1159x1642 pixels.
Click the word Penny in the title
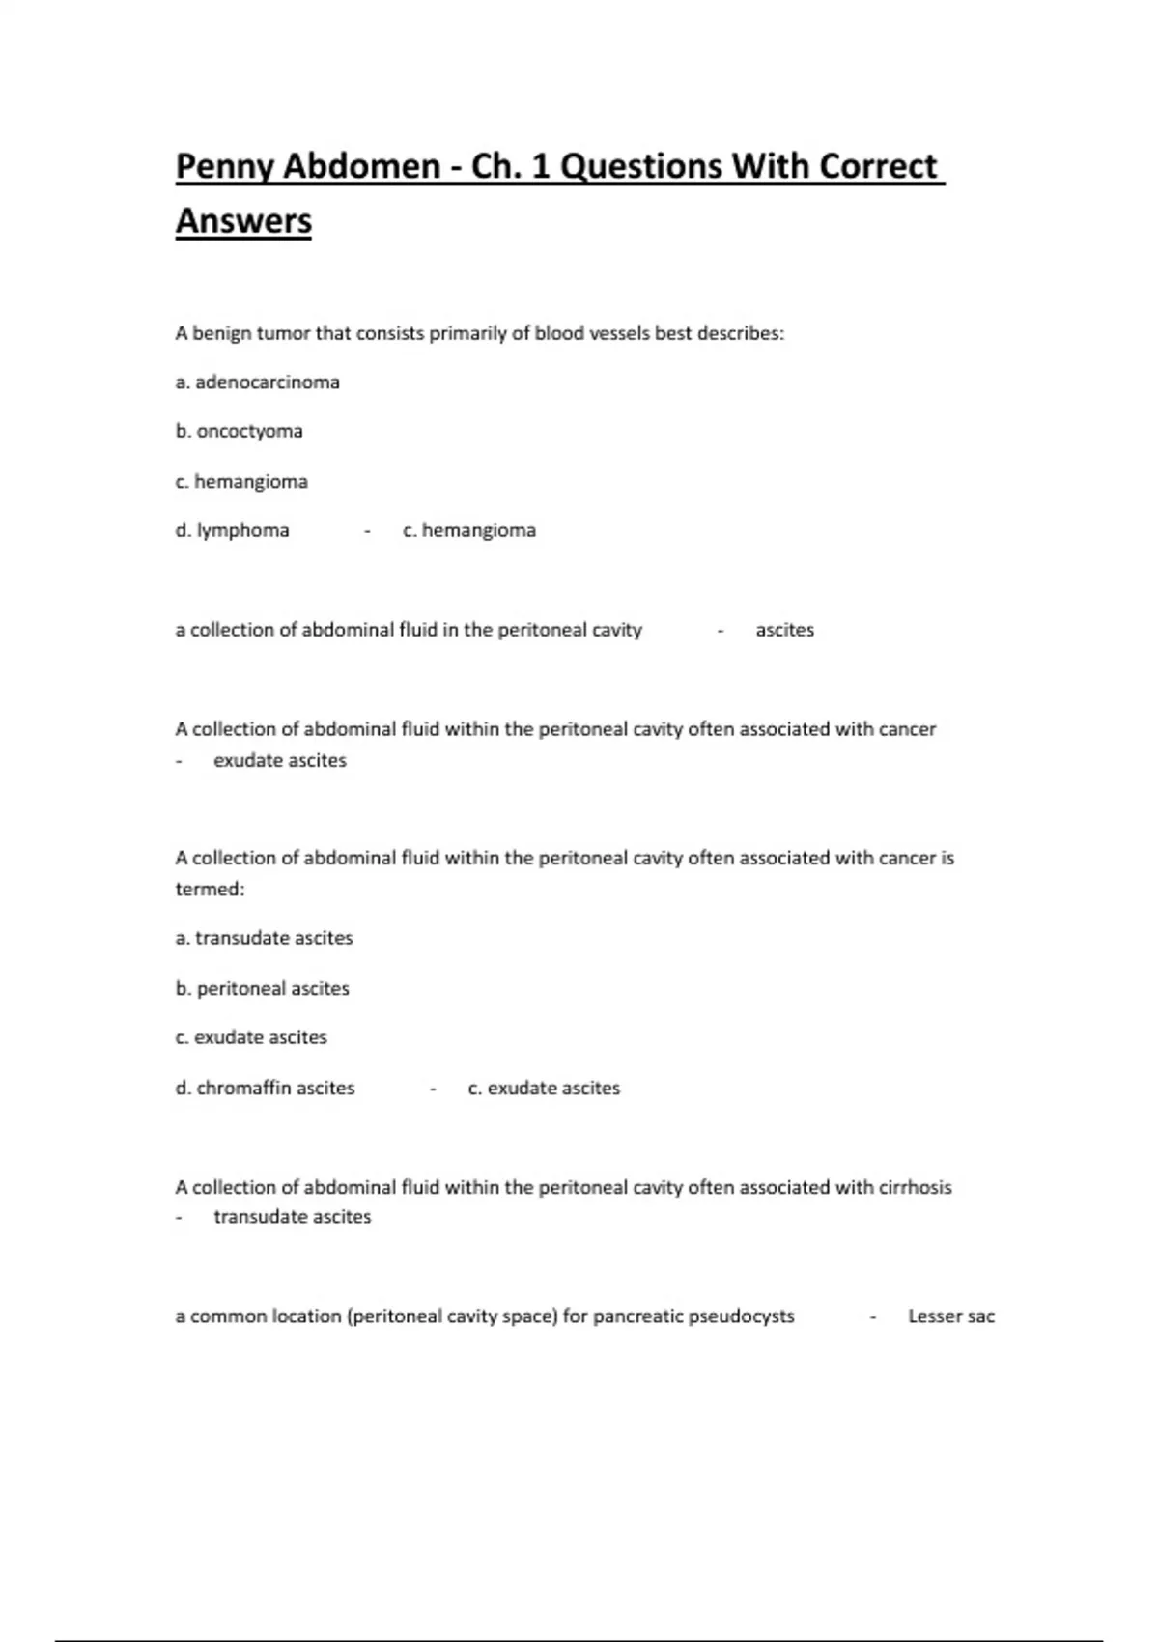tap(224, 167)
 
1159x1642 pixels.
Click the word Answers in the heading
tap(243, 221)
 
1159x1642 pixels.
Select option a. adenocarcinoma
tap(257, 382)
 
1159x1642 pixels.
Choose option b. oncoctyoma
tap(239, 431)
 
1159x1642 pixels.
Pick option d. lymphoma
tap(232, 530)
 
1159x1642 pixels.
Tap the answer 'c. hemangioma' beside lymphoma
tap(469, 530)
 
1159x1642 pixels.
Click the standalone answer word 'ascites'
tap(784, 630)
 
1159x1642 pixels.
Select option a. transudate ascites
tap(264, 938)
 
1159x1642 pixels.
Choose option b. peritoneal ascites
tap(262, 988)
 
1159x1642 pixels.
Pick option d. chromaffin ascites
tap(265, 1088)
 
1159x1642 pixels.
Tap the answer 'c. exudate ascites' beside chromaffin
tap(544, 1088)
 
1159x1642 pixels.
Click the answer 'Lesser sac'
tap(950, 1316)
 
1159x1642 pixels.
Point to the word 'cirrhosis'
tap(915, 1187)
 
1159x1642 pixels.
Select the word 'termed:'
tap(210, 889)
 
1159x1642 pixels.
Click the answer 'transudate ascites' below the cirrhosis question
tap(292, 1217)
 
